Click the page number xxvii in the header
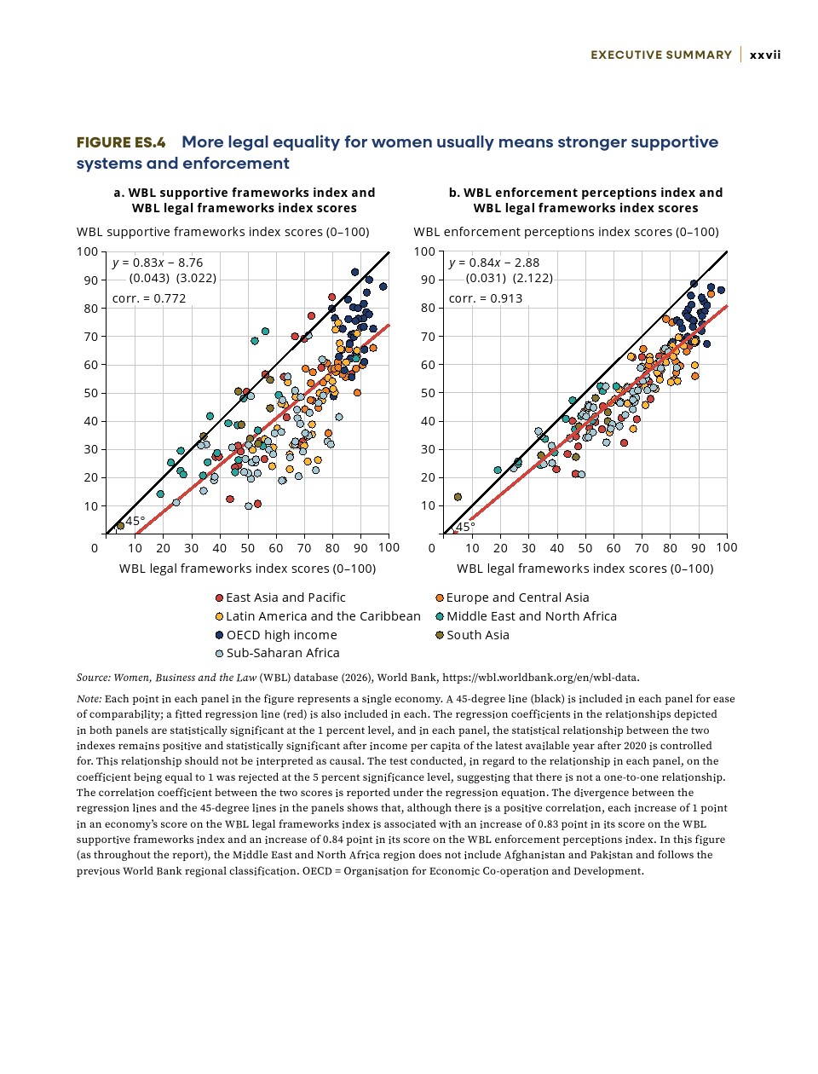click(765, 55)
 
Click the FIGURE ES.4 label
click(121, 142)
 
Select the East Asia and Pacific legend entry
click(285, 598)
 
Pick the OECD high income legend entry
click(281, 635)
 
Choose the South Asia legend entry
click(477, 635)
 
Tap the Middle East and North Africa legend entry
click(531, 616)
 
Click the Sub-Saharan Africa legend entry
click(282, 653)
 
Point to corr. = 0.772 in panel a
click(149, 298)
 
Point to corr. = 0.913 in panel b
click(486, 298)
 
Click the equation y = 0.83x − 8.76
click(158, 263)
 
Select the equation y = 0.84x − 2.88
click(494, 263)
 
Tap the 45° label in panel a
click(135, 521)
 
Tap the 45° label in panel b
click(466, 527)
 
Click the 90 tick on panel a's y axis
click(90, 280)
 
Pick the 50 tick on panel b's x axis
click(585, 548)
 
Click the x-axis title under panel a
click(247, 569)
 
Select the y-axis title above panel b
click(566, 232)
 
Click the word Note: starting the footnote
click(89, 699)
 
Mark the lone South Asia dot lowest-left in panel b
click(458, 497)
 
